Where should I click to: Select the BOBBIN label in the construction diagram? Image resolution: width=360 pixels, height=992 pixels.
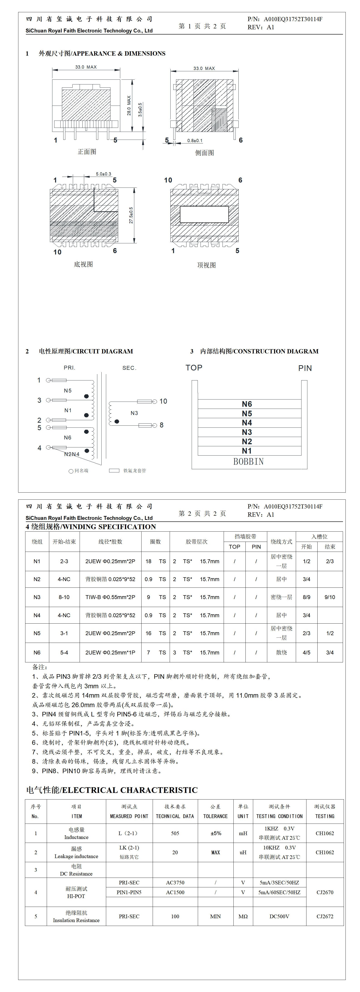248,461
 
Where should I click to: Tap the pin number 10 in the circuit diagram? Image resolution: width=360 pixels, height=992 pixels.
163,401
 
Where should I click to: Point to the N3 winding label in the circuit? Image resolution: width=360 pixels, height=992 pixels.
134,413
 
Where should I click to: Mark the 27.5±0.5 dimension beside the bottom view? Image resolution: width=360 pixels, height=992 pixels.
131,216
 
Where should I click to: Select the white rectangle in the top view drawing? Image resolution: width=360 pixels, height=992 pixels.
204,214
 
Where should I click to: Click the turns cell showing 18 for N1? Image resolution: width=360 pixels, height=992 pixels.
148,561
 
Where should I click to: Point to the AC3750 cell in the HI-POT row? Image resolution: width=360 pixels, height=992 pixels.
175,883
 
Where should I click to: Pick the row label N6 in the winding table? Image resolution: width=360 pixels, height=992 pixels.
37,653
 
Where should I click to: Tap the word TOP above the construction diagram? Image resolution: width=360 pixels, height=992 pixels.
194,368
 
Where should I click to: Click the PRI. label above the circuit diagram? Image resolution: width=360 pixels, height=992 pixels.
69,368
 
